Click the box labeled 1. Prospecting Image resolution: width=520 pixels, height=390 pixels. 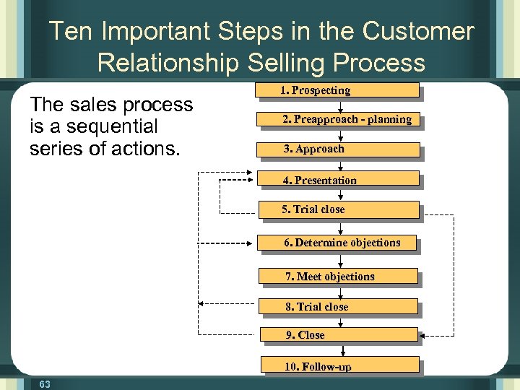click(x=338, y=90)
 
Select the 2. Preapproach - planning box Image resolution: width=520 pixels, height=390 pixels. click(x=338, y=120)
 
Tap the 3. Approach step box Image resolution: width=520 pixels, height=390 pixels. click(x=338, y=149)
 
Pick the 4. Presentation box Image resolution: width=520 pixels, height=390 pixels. click(x=338, y=180)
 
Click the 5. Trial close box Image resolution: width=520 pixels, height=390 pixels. click(x=338, y=209)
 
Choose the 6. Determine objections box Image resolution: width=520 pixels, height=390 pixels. click(x=338, y=243)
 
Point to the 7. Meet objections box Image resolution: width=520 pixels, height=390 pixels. click(x=338, y=277)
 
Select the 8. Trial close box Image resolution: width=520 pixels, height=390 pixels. click(x=338, y=307)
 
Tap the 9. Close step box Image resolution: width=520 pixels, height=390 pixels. click(x=338, y=335)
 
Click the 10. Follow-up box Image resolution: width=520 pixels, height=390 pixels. click(x=339, y=366)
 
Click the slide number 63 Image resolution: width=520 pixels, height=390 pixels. click(x=45, y=384)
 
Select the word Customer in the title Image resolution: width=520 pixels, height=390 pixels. click(x=418, y=32)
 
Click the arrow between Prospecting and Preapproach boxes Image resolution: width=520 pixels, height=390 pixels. click(x=339, y=105)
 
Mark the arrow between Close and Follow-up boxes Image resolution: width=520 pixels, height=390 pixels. click(x=339, y=350)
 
